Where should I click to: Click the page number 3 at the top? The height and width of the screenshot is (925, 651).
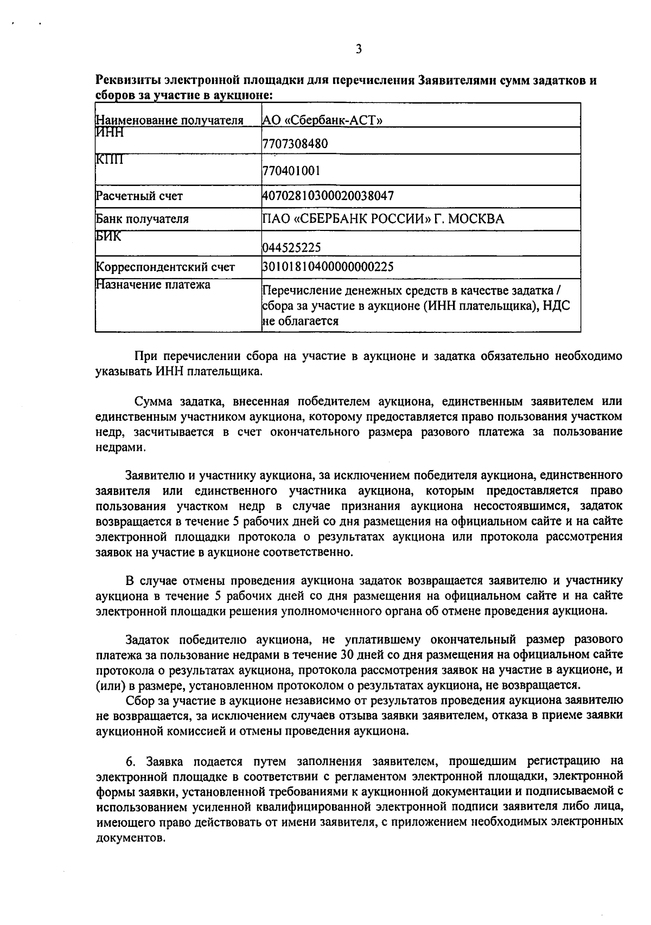point(359,50)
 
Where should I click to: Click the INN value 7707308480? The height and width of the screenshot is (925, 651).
point(295,144)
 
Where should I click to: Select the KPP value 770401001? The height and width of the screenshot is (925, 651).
point(291,171)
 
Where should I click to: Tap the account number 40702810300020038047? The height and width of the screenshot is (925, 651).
point(328,196)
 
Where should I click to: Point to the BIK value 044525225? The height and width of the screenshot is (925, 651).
point(291,248)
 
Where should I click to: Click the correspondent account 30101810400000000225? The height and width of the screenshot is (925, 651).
point(328,267)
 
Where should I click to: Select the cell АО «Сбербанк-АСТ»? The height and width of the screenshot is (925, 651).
point(322,120)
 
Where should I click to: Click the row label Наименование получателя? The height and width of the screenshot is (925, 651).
point(169,120)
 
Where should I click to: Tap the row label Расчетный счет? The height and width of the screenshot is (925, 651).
point(139,196)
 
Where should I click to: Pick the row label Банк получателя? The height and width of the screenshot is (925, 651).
point(142,220)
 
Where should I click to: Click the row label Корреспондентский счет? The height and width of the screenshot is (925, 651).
point(165,267)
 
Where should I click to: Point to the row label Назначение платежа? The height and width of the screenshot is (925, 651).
point(153,285)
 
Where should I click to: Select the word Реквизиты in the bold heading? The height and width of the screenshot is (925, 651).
point(127,81)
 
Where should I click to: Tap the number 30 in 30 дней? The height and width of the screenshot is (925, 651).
point(348,654)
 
